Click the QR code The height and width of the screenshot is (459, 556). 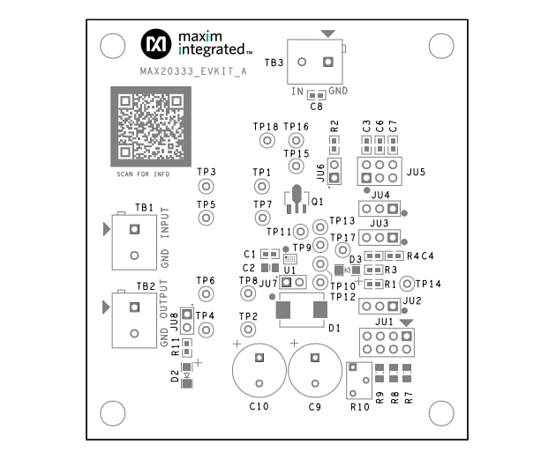coord(148,125)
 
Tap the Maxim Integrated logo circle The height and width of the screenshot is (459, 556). coord(157,41)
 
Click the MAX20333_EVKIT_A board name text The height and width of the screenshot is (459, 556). coord(193,73)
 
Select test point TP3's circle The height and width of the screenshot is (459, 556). coord(206,187)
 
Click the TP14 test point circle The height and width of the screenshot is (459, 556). coord(407,284)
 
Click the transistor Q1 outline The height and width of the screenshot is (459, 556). coord(297,200)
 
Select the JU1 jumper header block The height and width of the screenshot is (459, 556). coord(385,342)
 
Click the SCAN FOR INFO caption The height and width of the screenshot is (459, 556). coord(142,174)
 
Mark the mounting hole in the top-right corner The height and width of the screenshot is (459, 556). coord(440,46)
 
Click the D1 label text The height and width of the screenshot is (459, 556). coord(334,329)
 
